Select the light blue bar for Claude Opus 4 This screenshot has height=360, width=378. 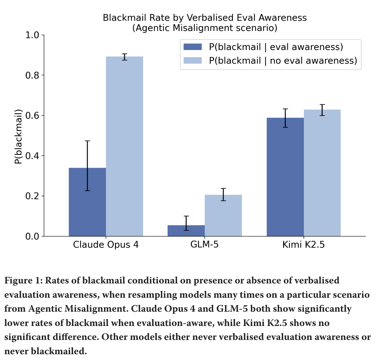124,146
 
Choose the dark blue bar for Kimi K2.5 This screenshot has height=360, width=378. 285,177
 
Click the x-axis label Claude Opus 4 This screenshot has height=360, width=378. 106,245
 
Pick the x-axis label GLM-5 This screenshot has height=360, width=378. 205,245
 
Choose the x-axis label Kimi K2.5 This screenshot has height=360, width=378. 304,245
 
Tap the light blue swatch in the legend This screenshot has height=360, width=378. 193,60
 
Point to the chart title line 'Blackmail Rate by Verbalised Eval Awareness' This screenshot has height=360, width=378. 205,18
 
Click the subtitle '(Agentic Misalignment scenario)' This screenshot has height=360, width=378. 205,28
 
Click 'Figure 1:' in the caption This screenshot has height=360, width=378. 23,281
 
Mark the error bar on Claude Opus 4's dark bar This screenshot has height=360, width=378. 87,165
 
